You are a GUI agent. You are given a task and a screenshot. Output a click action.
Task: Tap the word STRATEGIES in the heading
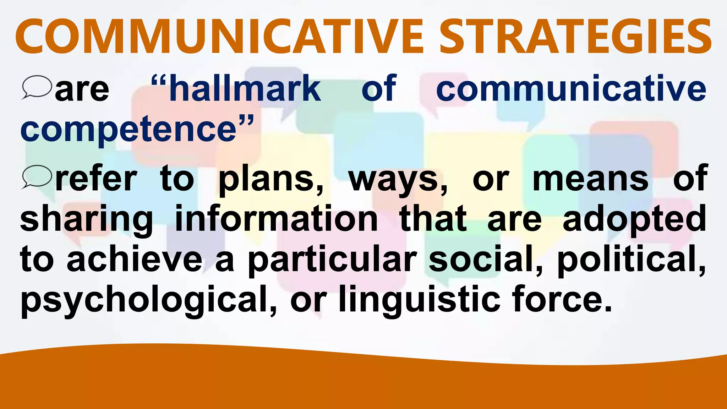coord(575,37)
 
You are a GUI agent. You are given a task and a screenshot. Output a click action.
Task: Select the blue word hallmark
coord(245,89)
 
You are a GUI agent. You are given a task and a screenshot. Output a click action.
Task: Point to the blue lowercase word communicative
coord(571,89)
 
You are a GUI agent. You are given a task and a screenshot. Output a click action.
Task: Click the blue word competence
coord(129,130)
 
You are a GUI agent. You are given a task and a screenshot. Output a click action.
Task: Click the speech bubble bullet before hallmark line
coord(37,87)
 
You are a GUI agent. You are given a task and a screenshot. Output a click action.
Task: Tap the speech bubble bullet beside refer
coord(37,177)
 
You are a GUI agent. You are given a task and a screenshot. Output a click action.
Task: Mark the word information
coord(277,218)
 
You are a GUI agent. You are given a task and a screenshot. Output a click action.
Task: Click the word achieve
coord(135,259)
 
